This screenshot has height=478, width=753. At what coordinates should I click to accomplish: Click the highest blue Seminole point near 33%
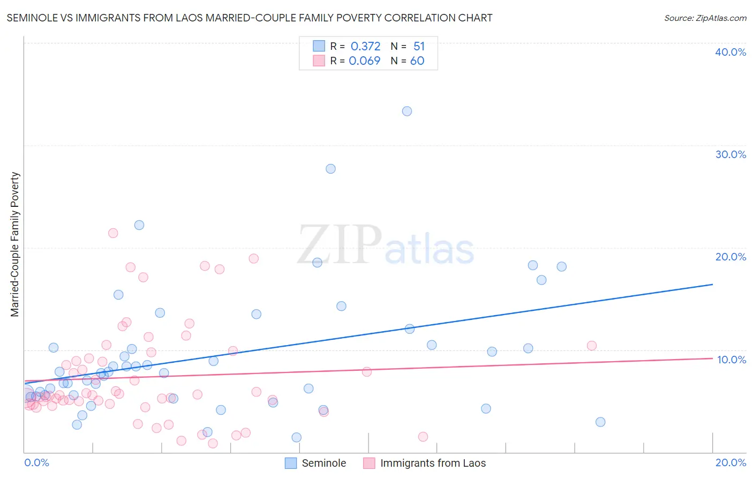click(x=407, y=111)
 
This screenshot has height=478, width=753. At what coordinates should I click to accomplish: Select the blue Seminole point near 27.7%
click(x=330, y=169)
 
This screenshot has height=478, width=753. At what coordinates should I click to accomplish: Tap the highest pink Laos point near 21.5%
click(x=113, y=233)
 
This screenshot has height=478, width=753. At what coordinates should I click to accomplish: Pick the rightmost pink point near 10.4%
click(x=592, y=346)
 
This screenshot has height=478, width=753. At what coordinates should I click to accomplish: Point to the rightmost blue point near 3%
click(x=600, y=422)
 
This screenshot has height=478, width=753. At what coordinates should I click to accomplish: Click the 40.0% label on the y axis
click(x=731, y=52)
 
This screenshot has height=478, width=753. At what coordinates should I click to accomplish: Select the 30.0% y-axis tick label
click(x=731, y=154)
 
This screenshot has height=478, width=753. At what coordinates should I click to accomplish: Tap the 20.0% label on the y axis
click(x=731, y=257)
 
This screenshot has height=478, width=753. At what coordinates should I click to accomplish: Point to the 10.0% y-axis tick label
click(x=732, y=360)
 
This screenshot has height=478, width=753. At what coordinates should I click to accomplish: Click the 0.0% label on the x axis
click(x=36, y=462)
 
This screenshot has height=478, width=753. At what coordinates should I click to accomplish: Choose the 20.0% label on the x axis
click(x=731, y=462)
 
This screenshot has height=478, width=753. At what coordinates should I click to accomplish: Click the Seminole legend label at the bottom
click(x=323, y=463)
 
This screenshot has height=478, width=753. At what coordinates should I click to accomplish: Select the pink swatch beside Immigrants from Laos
click(x=369, y=463)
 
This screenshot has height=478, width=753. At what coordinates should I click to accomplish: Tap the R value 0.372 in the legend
click(x=365, y=47)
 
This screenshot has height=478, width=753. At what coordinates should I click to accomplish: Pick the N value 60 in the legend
click(x=417, y=61)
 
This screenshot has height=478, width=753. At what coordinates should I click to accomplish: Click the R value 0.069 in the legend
click(x=364, y=61)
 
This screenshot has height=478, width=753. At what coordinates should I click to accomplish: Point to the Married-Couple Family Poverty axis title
click(x=15, y=244)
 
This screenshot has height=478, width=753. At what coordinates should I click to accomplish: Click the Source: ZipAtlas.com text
click(x=705, y=18)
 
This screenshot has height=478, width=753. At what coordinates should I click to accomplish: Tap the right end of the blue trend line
click(x=712, y=285)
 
